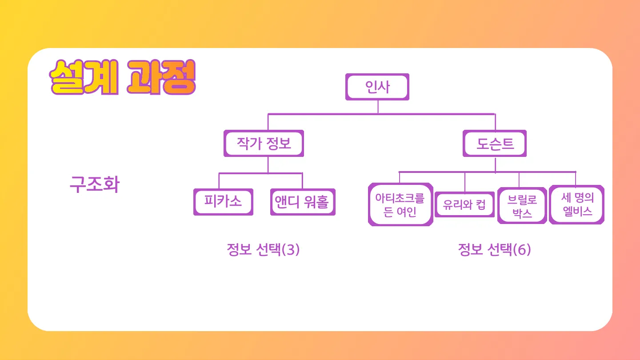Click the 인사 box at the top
tap(377, 87)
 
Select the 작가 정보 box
tap(264, 144)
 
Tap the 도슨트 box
tap(495, 144)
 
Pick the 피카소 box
tap(223, 202)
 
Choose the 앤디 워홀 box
tap(303, 202)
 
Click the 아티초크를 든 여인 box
tap(400, 204)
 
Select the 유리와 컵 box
tap(464, 205)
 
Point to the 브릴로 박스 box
tap(522, 206)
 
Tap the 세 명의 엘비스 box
tap(577, 204)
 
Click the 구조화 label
tap(94, 184)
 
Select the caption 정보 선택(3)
tap(263, 250)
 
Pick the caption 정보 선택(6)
tap(494, 250)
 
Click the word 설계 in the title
tap(84, 79)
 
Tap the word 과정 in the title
tap(160, 79)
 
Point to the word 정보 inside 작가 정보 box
tap(278, 144)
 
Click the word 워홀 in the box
tap(316, 202)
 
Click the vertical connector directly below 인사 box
tap(378, 107)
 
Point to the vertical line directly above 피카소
tap(219, 181)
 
